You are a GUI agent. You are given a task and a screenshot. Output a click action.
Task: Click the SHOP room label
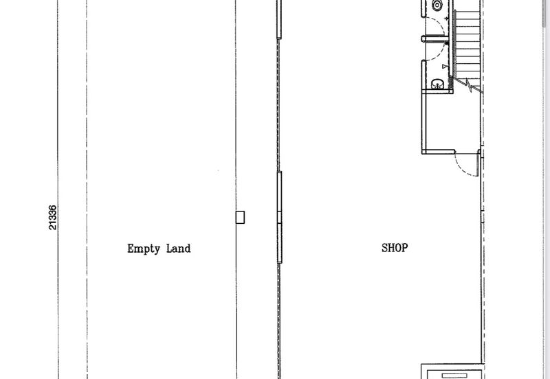point(395,248)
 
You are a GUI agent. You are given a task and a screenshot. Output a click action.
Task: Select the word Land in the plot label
point(178,249)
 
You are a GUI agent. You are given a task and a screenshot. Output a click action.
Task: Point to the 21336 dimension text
point(52,218)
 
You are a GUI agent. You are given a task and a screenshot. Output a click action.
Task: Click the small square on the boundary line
point(240,217)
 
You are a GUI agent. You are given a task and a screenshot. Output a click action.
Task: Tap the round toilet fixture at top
point(437,5)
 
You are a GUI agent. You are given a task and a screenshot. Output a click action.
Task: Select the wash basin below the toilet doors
point(437,84)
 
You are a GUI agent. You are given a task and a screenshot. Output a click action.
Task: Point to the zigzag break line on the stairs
point(469,85)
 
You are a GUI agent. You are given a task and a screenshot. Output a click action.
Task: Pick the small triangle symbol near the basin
point(445,66)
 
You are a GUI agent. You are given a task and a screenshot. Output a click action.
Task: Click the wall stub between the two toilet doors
point(435,39)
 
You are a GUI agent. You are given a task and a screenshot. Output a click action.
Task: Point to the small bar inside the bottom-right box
point(454,376)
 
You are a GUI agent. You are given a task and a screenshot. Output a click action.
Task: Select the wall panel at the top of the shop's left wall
point(279,19)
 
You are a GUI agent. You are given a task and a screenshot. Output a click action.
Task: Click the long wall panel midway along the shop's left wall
point(280,217)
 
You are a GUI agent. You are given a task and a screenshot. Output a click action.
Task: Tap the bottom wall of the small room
point(439,152)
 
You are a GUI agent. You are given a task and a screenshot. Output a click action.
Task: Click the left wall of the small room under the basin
point(423,122)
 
